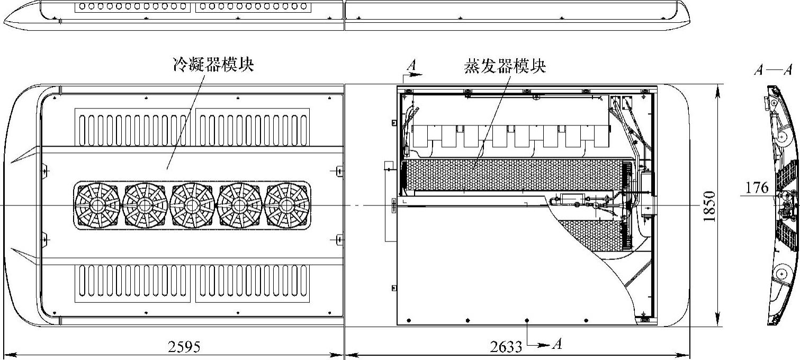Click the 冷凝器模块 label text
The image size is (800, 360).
[x=213, y=65]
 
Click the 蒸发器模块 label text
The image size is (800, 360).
[x=505, y=67]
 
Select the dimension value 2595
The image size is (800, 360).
[x=184, y=347]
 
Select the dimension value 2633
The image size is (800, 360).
[x=506, y=347]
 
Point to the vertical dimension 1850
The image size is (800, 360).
[x=710, y=206]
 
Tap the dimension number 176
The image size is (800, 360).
[x=757, y=187]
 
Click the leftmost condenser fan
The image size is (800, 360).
[x=97, y=206]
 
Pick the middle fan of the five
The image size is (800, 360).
[x=192, y=206]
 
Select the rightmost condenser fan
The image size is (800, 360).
[x=287, y=206]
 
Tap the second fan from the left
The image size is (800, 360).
[x=145, y=206]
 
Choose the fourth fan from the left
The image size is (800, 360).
[x=239, y=206]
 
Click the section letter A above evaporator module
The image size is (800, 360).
[x=412, y=65]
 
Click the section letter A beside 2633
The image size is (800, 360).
[x=556, y=345]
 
